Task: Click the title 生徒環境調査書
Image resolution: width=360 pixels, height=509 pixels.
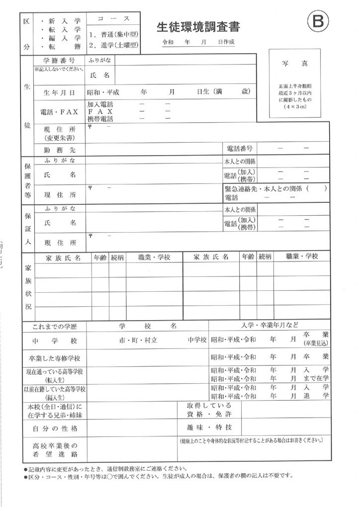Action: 195,27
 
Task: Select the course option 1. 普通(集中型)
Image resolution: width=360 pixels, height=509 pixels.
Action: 114,35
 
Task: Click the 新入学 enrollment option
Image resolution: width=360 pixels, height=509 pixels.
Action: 64,21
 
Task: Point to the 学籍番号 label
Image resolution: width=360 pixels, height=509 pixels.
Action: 60,60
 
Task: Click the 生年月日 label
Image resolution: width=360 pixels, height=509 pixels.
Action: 59,92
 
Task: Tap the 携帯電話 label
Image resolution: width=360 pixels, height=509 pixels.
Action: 100,119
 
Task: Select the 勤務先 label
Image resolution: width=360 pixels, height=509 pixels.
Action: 59,149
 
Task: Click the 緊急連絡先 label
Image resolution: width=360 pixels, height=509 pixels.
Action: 242,189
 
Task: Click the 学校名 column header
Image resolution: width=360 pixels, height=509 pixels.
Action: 148,326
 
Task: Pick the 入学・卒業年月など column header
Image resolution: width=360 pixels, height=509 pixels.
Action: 270,326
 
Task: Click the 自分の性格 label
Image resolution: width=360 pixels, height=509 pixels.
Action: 55,428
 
